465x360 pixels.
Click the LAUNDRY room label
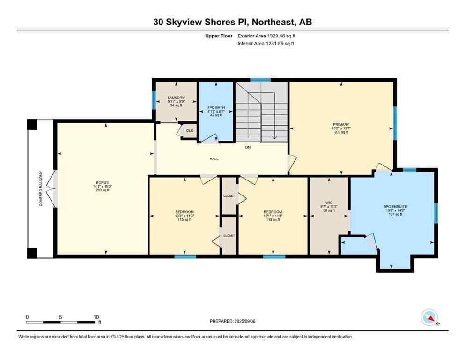point(176,97)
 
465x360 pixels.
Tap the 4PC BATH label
point(216,108)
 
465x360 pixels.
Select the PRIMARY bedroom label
point(341,125)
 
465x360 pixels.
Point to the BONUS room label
point(102,182)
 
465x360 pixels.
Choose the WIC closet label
point(329,202)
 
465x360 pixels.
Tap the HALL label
point(214,159)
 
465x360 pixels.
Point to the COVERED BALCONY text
point(41,189)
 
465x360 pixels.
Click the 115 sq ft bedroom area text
point(184,220)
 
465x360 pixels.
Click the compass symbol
point(429,317)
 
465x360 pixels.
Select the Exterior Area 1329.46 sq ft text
point(266,36)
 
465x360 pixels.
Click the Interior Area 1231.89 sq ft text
point(266,44)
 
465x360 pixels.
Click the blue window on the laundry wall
point(154,100)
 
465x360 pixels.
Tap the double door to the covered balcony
point(54,189)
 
